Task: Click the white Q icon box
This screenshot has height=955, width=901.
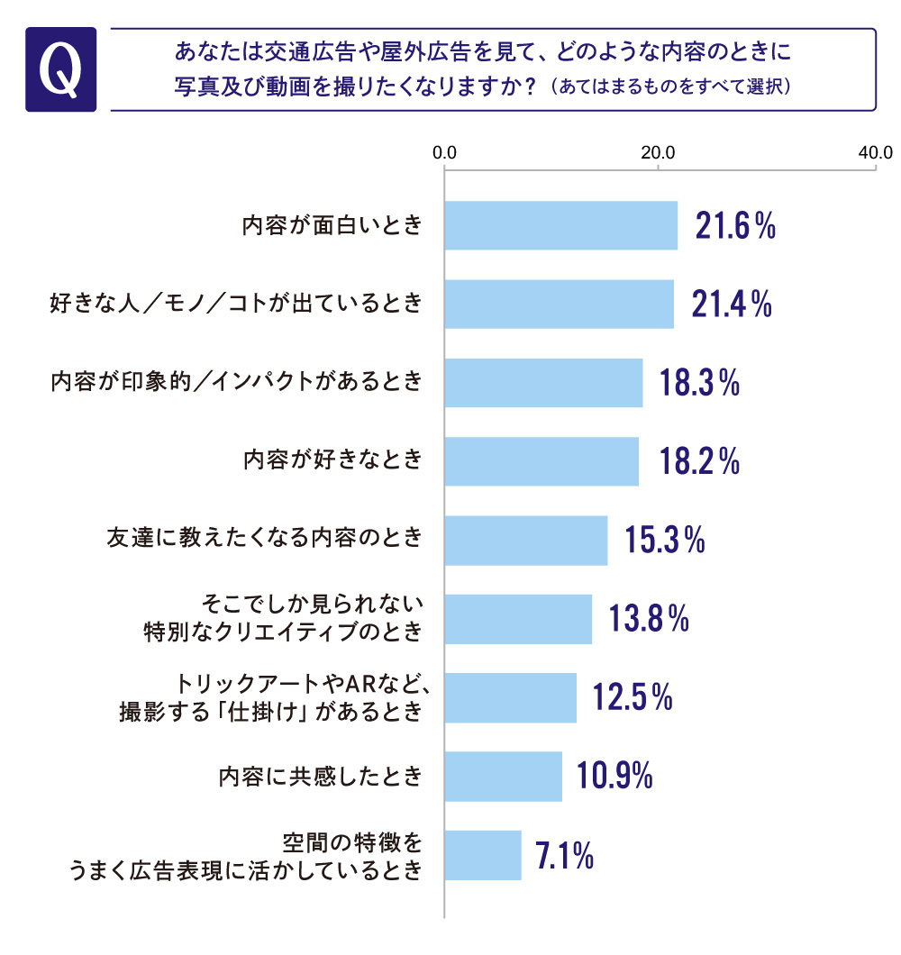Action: [61, 70]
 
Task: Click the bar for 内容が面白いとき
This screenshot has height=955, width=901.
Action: [561, 225]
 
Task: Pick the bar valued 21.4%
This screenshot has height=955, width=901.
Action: [560, 304]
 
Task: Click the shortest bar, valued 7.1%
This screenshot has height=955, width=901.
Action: [484, 855]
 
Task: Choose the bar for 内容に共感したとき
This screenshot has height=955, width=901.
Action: [504, 777]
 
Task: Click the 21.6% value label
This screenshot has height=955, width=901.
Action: [735, 227]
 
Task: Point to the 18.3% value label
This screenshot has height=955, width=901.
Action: [699, 383]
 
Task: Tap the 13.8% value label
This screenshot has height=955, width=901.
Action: [649, 619]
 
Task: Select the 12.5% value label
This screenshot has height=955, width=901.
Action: [633, 697]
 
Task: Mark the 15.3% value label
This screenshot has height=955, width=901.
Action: [664, 541]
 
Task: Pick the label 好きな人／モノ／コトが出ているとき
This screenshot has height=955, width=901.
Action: [235, 304]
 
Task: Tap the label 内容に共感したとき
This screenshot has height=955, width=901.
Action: [322, 777]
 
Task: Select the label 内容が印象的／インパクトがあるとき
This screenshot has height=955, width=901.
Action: [235, 383]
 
